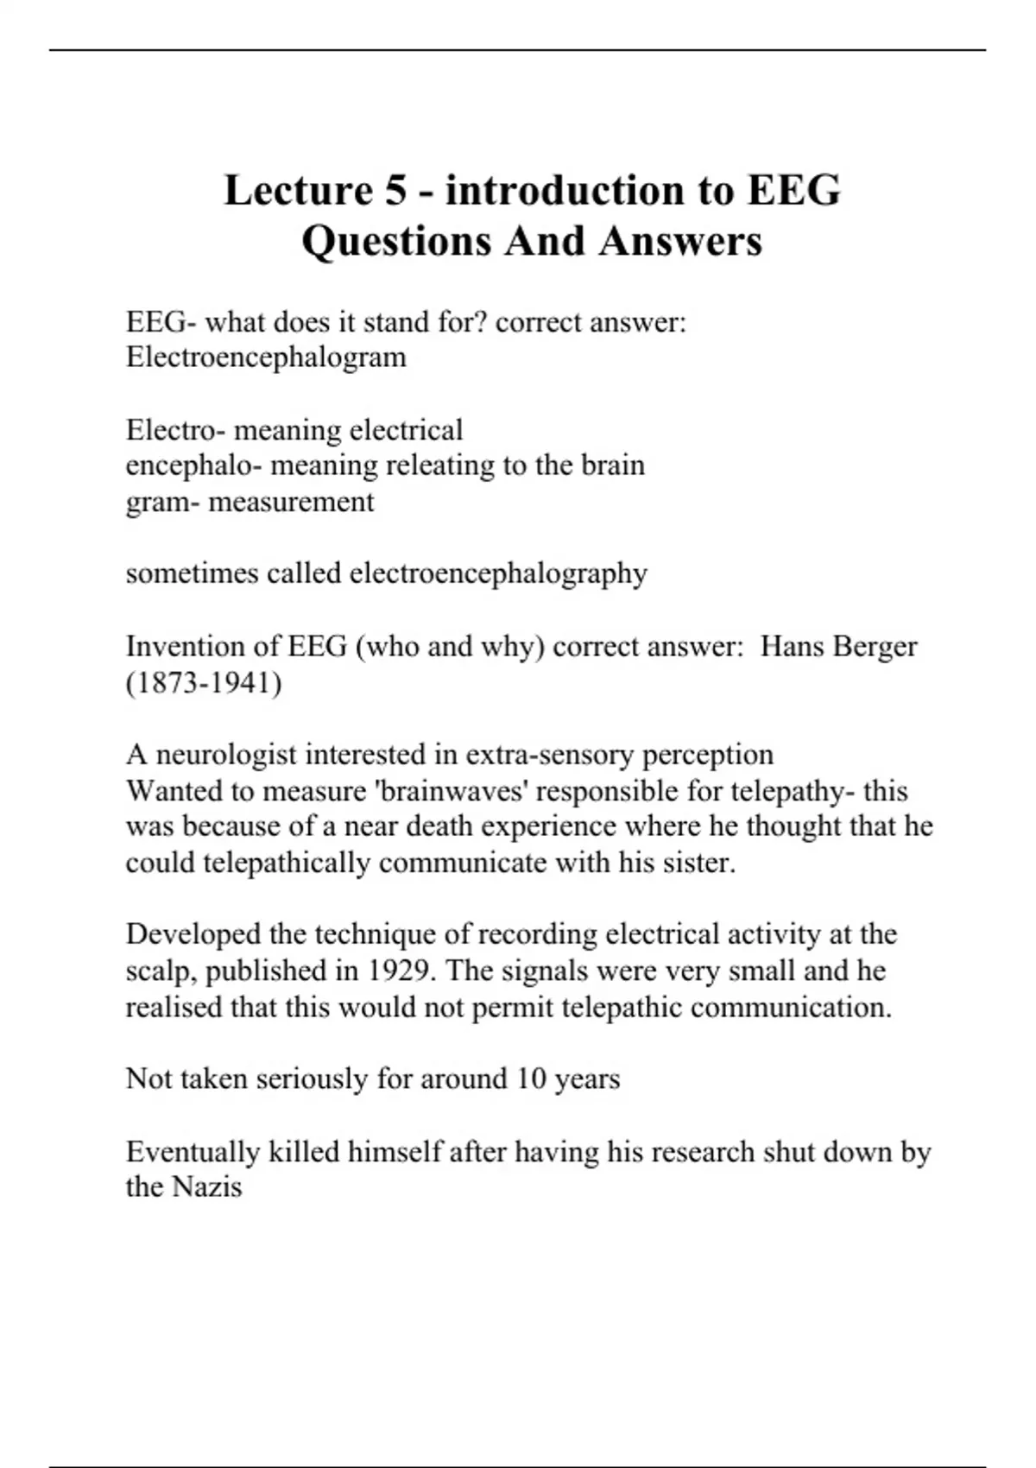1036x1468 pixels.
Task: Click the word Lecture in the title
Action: pos(297,190)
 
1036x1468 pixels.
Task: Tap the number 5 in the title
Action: pos(395,190)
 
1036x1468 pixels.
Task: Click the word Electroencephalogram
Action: pos(266,358)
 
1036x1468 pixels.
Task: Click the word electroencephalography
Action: pos(498,573)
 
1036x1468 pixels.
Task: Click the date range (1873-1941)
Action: pos(204,682)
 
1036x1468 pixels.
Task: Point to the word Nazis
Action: pos(207,1186)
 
